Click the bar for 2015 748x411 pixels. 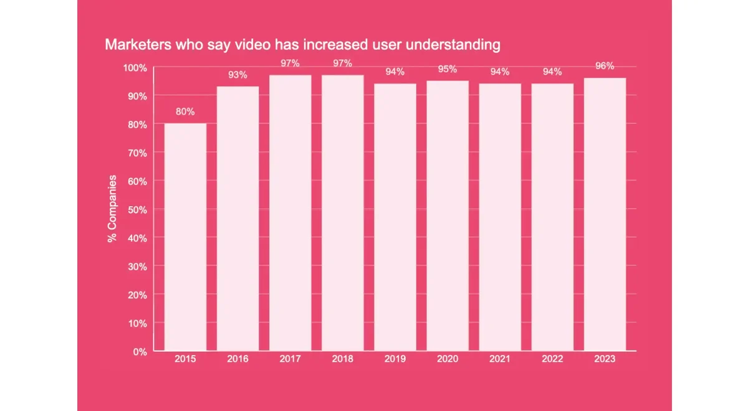point(185,237)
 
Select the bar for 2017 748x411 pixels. point(290,212)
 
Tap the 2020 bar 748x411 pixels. point(448,215)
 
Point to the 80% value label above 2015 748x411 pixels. point(185,112)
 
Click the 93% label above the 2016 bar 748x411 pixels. point(237,75)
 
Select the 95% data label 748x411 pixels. point(448,69)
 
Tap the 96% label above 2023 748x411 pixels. point(605,66)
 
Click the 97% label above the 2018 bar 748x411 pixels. point(343,64)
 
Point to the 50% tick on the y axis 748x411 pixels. point(137,209)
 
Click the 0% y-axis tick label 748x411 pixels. point(140,352)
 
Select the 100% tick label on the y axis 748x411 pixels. point(135,67)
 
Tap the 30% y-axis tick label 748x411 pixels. point(137,267)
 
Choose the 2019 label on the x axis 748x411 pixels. point(395,359)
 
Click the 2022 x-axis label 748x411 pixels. point(552,359)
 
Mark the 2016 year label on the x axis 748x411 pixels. point(237,359)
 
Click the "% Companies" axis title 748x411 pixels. point(113,209)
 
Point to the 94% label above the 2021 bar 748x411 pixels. point(500,72)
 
